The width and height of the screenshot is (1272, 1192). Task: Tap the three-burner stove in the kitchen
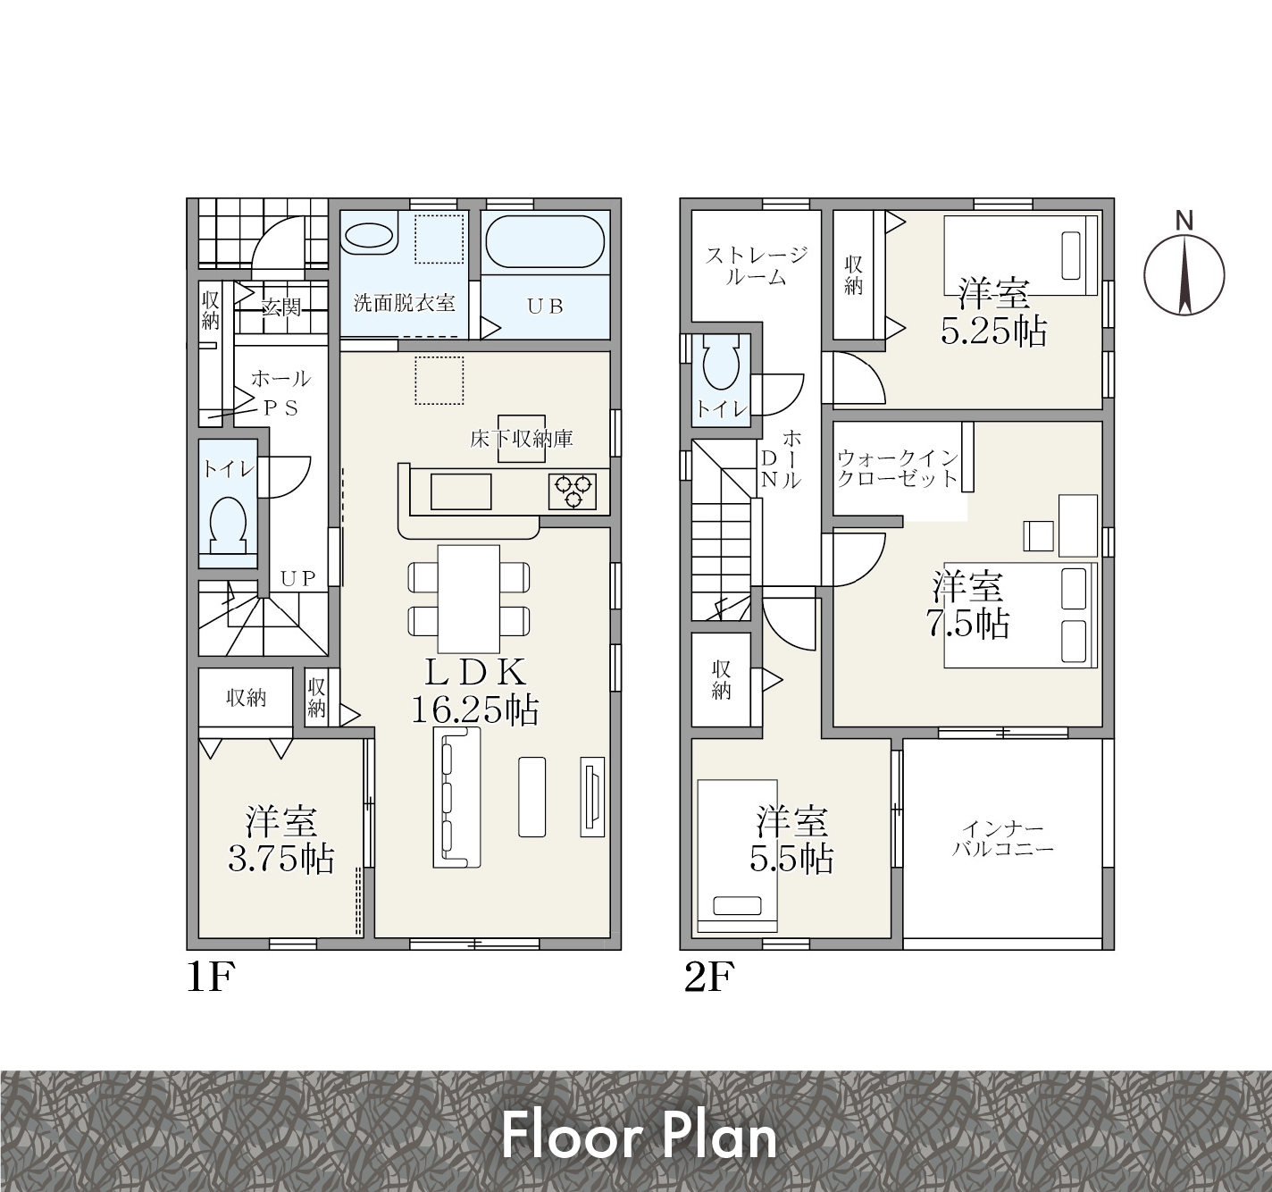(572, 491)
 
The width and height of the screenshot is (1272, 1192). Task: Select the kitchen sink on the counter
(461, 491)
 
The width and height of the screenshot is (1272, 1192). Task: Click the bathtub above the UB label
(544, 241)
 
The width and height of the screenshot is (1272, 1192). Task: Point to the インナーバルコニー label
(1003, 840)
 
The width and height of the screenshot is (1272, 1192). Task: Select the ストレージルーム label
(757, 266)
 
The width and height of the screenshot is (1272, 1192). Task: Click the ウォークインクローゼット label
(898, 468)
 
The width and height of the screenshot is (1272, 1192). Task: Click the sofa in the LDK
(456, 797)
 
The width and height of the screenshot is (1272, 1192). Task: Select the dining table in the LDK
(469, 599)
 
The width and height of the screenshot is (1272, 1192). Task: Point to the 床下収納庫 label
(522, 439)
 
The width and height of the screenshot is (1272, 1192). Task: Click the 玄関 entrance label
(281, 307)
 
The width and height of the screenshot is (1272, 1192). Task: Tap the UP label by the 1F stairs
(298, 579)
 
